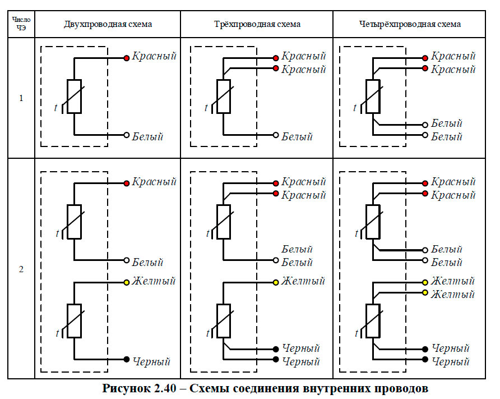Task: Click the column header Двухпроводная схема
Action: tap(108, 24)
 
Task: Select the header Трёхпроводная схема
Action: tap(257, 24)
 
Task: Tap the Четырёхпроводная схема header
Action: tap(410, 24)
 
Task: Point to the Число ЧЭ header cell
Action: tap(21, 24)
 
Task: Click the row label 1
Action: tap(21, 98)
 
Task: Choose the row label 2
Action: tap(21, 269)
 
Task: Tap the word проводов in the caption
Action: tap(401, 388)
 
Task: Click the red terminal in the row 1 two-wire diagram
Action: tap(127, 57)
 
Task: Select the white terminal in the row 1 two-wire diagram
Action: tap(127, 135)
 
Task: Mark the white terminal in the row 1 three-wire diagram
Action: tap(276, 135)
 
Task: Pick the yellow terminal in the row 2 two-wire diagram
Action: tap(127, 282)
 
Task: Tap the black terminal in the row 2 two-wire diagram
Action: tap(127, 360)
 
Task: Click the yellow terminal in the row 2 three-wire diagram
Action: tap(276, 282)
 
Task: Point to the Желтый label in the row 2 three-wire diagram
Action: tap(303, 281)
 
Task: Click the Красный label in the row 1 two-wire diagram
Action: tap(154, 57)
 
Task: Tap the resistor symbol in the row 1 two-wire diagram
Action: tap(75, 97)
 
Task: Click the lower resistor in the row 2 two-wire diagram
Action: tap(75, 321)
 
